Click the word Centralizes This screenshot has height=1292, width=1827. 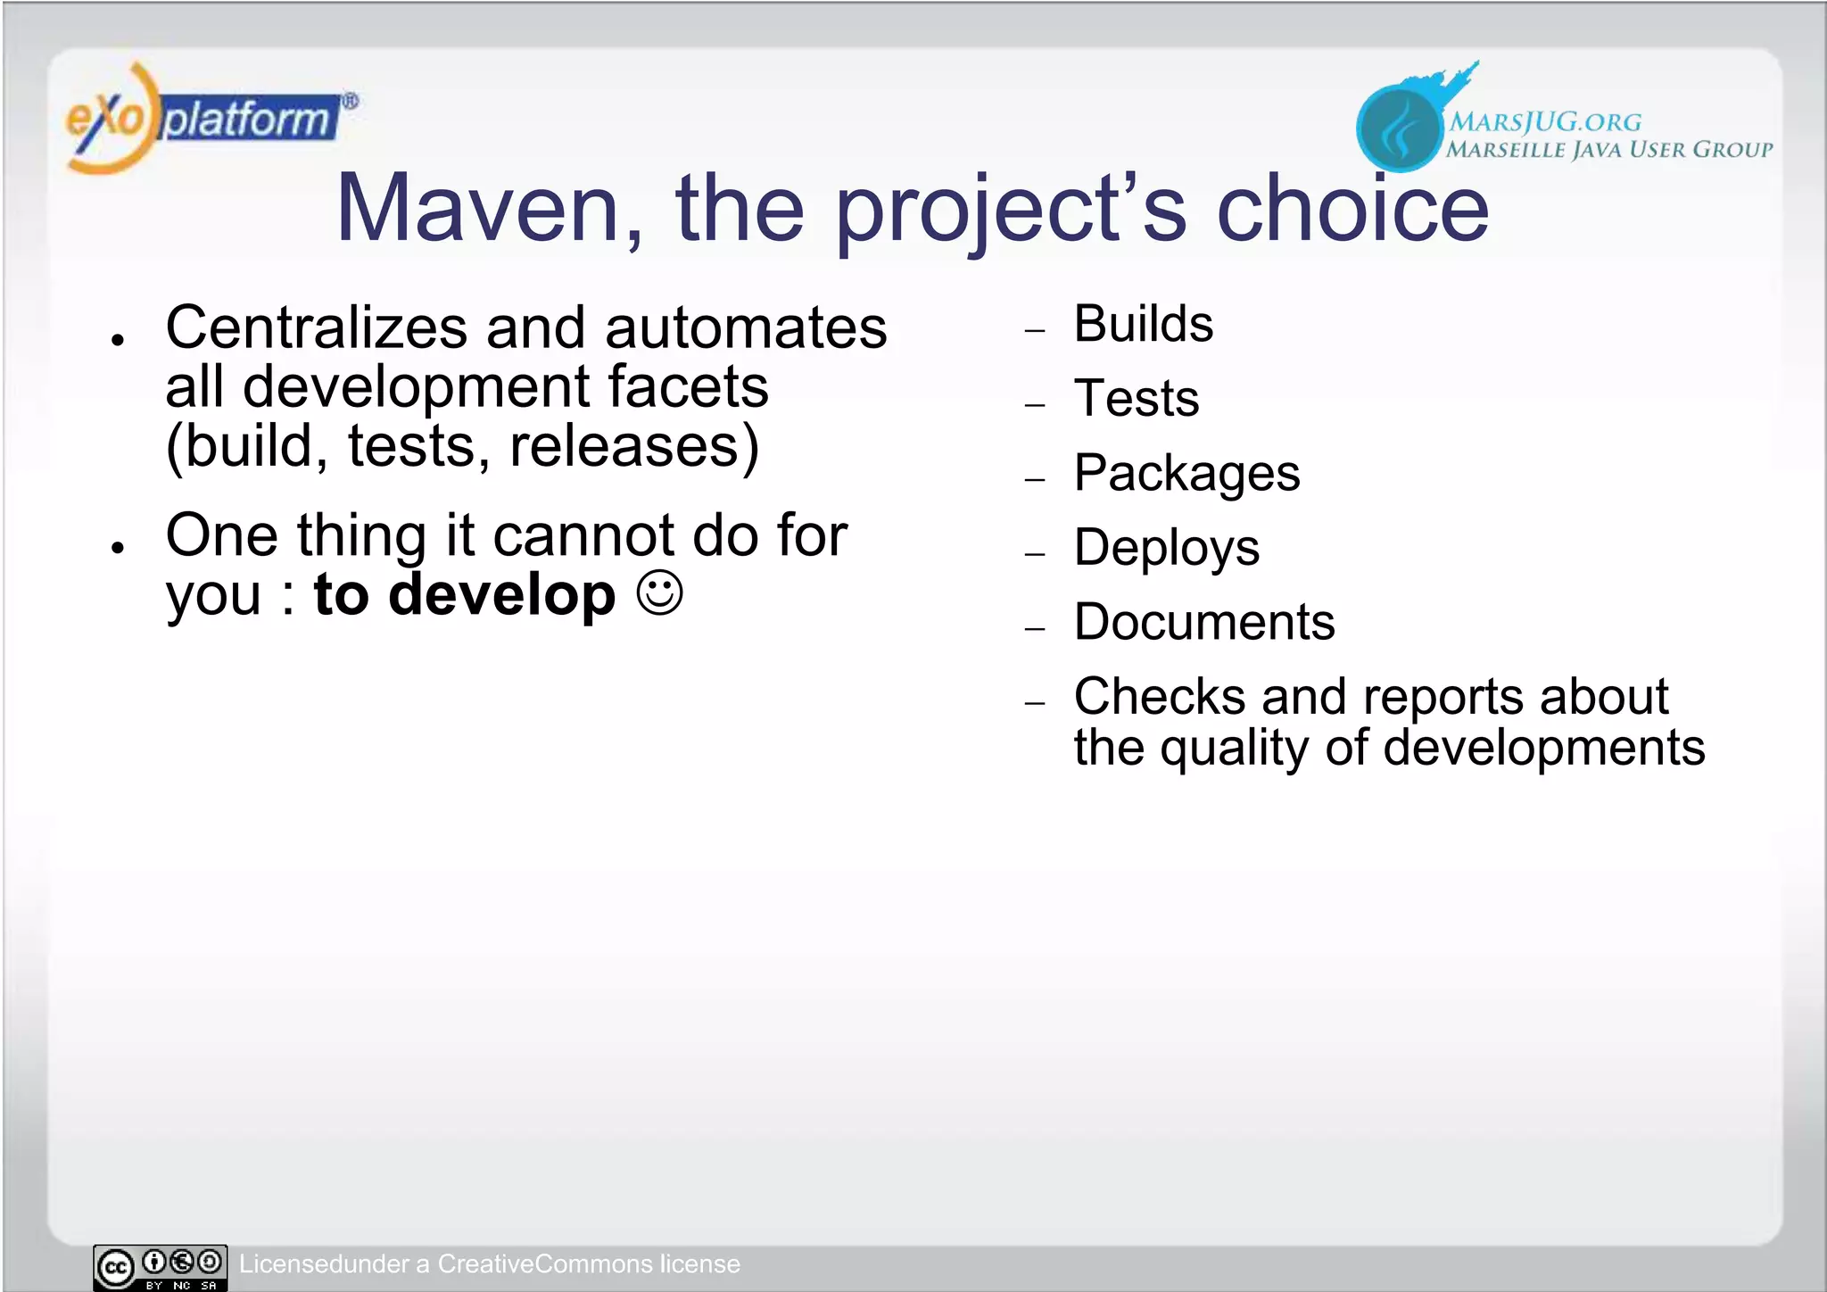316,327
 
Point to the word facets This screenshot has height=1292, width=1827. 688,387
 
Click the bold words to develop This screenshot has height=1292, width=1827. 464,595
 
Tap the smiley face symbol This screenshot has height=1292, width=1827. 660,592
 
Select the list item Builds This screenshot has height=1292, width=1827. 1143,324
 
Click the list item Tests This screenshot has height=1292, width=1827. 1137,398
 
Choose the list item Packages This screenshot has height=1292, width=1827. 1186,473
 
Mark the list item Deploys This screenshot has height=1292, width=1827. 1166,547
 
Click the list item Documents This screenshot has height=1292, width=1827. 1204,622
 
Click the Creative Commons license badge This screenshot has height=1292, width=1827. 161,1267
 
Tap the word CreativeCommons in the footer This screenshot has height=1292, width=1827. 545,1264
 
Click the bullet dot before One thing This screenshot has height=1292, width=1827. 117,548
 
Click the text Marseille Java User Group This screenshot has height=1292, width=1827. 1608,150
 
